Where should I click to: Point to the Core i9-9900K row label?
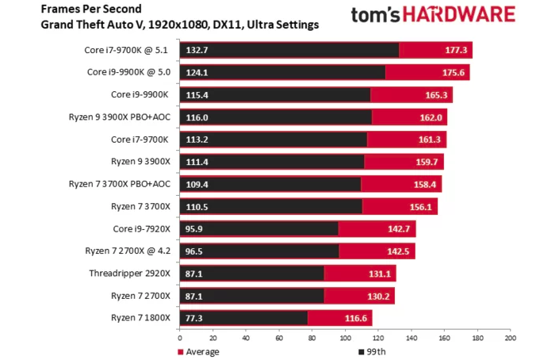point(140,94)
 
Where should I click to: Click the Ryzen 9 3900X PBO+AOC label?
point(120,117)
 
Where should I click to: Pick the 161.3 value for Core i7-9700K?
point(431,140)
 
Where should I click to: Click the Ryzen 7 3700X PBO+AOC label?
point(120,184)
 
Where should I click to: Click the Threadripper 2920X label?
point(130,274)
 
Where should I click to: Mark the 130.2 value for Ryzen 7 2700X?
point(378,296)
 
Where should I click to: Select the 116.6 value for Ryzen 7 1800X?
point(355,318)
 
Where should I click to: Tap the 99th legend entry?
point(374,351)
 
